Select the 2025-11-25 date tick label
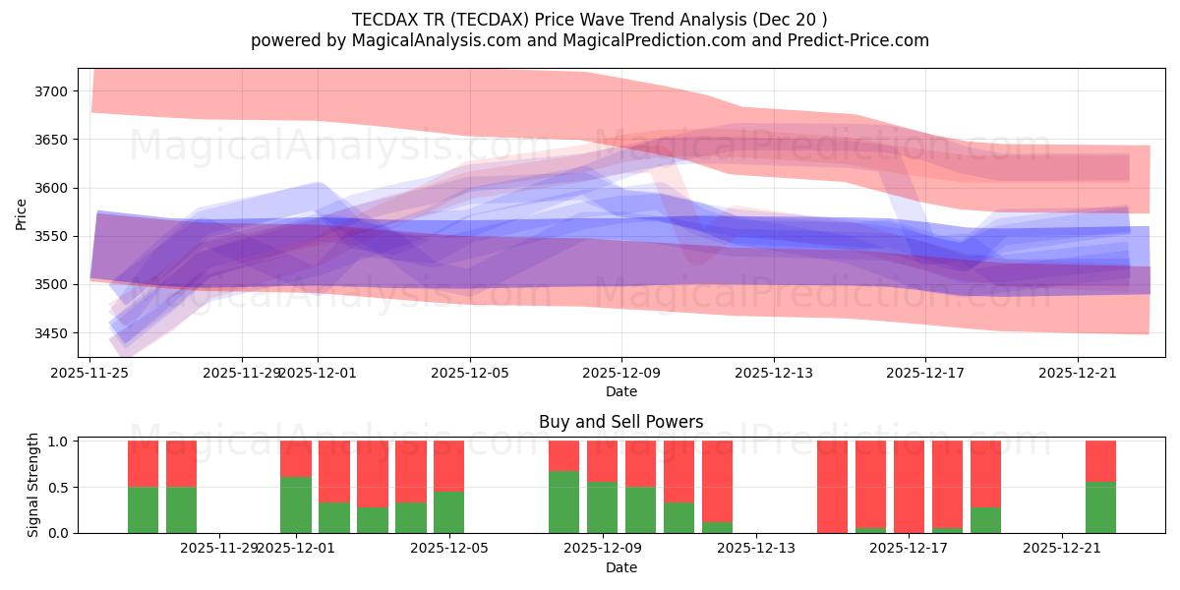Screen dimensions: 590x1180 [x=90, y=373]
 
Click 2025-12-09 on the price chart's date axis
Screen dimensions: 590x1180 [x=621, y=373]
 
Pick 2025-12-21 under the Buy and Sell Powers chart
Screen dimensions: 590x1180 [x=1062, y=549]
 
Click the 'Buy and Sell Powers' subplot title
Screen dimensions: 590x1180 [x=620, y=422]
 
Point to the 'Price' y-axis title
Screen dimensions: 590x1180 [x=22, y=212]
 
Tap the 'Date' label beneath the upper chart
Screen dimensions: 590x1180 [x=620, y=391]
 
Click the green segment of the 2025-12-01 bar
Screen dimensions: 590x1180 [x=296, y=504]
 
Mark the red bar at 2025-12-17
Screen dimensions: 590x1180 [x=909, y=486]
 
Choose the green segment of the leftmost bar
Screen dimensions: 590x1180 [x=143, y=509]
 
